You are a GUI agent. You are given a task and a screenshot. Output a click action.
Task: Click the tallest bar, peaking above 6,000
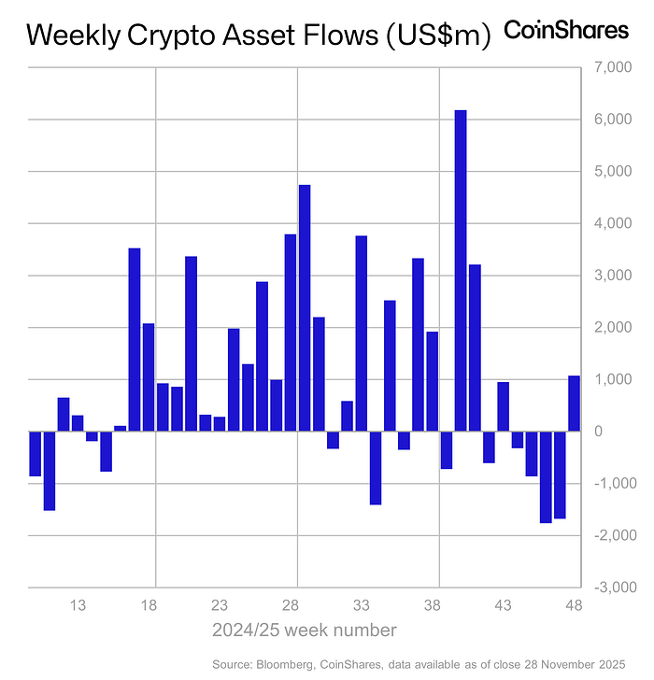tap(461, 271)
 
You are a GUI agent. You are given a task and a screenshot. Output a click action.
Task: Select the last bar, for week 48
tap(574, 404)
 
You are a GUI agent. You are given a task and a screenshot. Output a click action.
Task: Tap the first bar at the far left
tap(35, 454)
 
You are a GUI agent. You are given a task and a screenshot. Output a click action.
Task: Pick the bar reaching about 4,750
tap(305, 308)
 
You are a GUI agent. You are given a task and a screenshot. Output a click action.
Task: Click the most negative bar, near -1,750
tap(546, 476)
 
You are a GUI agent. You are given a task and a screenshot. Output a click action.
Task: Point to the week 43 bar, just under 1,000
tap(503, 407)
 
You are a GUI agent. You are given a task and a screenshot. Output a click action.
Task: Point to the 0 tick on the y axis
tap(598, 432)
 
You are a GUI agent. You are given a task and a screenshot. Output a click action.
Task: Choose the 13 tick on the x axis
tap(78, 605)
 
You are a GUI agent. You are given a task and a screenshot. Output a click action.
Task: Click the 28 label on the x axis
tap(291, 605)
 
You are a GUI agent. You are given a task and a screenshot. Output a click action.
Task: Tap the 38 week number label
tap(433, 605)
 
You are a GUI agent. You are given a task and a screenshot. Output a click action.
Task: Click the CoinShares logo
tap(566, 30)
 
